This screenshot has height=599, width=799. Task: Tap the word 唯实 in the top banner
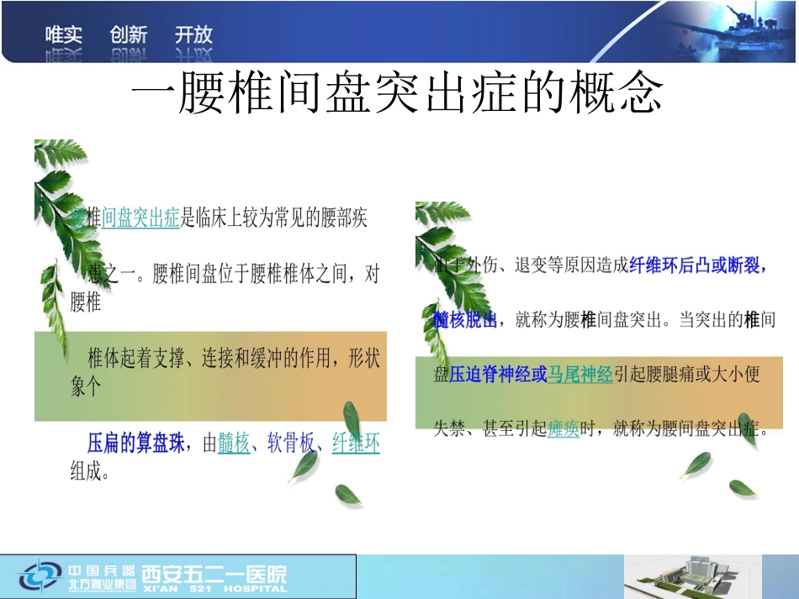[x=64, y=35]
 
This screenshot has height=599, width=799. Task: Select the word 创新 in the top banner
[x=129, y=35]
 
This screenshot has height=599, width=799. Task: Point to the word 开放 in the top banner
[x=193, y=35]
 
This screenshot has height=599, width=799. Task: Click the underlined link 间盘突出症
[x=140, y=219]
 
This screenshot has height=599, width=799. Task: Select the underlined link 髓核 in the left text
[x=234, y=443]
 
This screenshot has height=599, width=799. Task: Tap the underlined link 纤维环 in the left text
[x=356, y=443]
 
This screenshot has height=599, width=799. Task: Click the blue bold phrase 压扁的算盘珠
[x=135, y=443]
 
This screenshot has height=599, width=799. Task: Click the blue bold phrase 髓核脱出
[x=465, y=320]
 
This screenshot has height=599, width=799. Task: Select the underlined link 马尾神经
[x=580, y=375]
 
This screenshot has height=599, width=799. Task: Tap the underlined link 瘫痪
[x=564, y=429]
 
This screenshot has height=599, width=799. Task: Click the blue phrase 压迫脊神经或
[x=498, y=375]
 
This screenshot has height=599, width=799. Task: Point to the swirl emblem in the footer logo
[x=40, y=577]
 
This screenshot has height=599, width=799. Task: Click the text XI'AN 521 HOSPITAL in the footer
[x=214, y=589]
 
